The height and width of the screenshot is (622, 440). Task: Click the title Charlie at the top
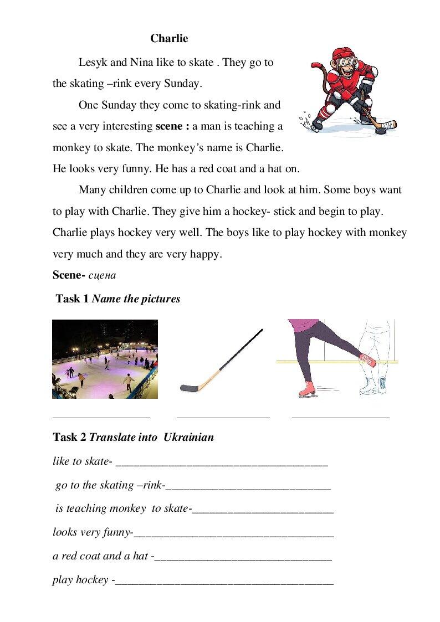tap(169, 39)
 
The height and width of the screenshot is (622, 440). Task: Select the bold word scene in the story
tap(170, 126)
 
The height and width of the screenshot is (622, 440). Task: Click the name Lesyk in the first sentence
tap(94, 63)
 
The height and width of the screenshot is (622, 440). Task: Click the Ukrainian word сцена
tap(102, 275)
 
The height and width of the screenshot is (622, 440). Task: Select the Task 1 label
tap(72, 299)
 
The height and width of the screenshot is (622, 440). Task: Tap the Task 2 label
tap(69, 438)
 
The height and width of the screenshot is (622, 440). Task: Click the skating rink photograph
tap(105, 359)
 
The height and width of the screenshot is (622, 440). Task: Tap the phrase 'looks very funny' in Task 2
tap(91, 533)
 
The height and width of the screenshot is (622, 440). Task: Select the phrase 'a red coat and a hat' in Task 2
tap(100, 556)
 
